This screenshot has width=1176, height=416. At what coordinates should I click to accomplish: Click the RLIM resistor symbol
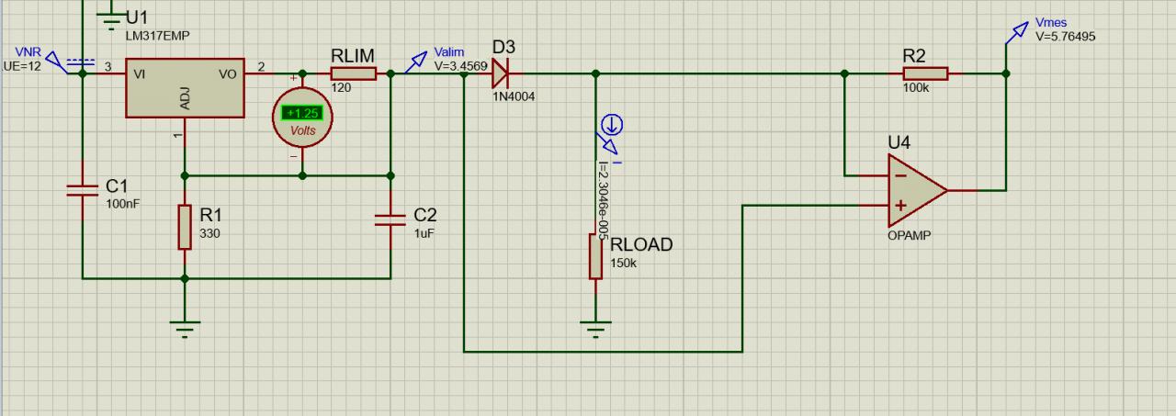353,73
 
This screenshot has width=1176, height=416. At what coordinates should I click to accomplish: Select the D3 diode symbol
500,73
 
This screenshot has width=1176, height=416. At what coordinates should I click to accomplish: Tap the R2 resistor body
925,73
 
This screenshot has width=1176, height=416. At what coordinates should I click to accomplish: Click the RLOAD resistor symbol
595,256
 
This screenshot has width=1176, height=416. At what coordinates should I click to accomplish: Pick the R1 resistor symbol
185,227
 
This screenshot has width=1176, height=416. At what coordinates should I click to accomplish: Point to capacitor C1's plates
82,190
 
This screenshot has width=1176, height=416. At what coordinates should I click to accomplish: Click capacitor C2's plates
390,219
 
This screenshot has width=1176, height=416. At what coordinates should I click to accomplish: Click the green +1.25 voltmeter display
302,113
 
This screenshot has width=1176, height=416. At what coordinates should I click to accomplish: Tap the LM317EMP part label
157,35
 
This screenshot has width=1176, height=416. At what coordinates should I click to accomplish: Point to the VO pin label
228,73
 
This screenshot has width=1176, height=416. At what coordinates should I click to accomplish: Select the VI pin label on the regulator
141,73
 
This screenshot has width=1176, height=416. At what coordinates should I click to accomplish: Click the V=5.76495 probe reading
1066,37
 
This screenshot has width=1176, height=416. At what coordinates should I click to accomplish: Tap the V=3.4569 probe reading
460,66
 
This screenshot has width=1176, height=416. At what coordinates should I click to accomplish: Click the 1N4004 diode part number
513,96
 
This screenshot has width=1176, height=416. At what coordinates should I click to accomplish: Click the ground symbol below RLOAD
595,327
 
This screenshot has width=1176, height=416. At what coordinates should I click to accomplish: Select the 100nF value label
123,203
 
